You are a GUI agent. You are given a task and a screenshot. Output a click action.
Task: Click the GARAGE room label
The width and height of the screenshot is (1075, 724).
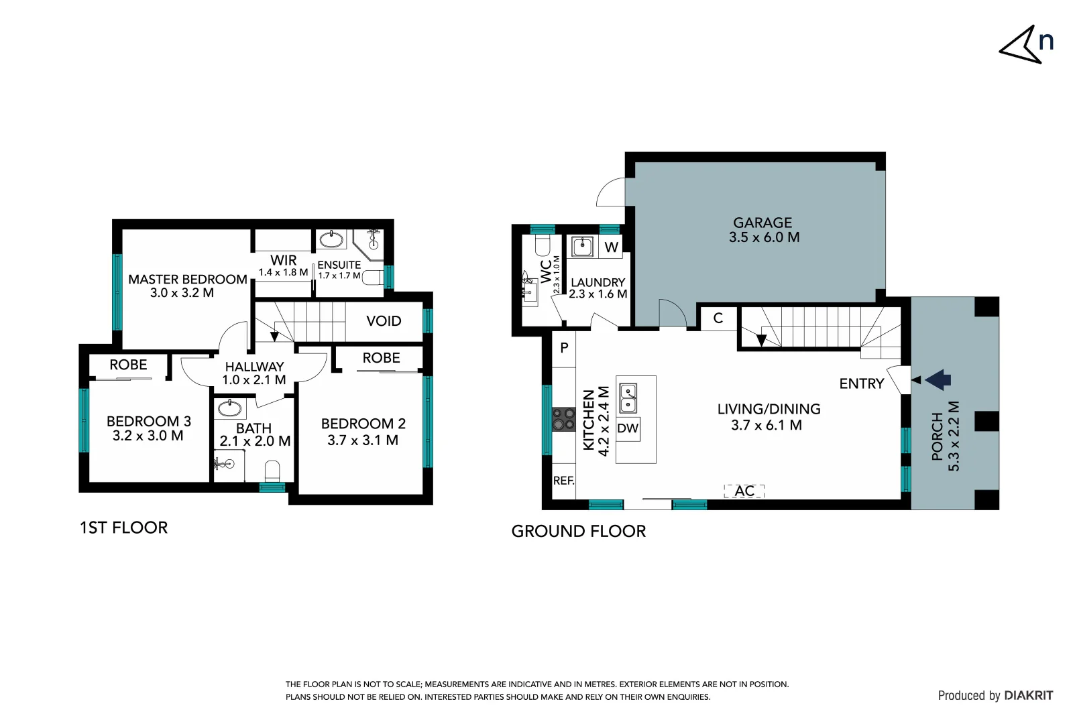point(762,223)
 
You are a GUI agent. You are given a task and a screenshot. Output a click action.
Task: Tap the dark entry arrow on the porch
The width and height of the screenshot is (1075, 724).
point(938,379)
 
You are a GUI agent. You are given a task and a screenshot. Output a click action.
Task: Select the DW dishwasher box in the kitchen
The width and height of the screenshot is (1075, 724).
point(628,428)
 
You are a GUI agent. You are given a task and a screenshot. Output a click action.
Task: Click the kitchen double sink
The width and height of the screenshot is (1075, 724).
point(628,398)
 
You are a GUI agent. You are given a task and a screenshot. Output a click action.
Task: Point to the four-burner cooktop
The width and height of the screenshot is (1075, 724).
point(563,420)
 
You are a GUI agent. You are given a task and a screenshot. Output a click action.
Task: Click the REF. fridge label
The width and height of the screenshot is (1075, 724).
point(563,481)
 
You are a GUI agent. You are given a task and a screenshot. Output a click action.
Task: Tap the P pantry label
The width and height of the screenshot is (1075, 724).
point(564,347)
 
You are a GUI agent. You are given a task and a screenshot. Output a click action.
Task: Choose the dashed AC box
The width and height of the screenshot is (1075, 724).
point(744,491)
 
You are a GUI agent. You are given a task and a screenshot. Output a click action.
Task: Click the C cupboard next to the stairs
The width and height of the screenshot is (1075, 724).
point(718,318)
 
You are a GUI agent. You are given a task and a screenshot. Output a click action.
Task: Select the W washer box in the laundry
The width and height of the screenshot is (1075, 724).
point(611,247)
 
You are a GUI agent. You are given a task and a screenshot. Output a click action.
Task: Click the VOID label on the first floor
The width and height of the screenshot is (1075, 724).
point(384,321)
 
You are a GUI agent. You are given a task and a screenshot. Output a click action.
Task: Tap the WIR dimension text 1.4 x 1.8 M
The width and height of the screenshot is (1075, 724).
point(283,272)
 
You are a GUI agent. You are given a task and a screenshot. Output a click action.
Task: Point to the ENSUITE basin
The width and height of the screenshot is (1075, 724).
point(331,239)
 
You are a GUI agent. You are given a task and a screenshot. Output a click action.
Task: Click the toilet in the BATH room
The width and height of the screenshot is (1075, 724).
point(272,469)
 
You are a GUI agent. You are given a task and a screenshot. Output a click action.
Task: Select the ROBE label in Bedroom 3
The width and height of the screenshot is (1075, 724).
point(128,365)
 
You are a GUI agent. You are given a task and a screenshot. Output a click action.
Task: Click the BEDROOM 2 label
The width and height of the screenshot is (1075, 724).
point(363,424)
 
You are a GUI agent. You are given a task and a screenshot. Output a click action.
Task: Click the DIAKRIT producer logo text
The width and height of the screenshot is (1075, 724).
point(1028,696)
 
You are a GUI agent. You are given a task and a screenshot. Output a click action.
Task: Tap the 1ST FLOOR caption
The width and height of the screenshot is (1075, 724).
point(123,528)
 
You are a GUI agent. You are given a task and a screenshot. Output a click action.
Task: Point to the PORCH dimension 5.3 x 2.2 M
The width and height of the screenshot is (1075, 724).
point(954,436)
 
